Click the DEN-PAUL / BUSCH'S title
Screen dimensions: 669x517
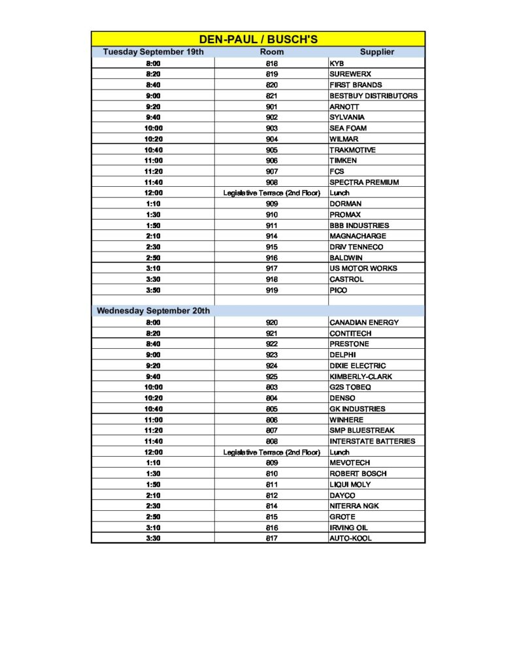pos(258,39)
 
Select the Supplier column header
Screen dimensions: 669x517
pos(376,52)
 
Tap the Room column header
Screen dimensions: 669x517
pos(272,52)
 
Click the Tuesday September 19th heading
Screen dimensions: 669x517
pos(154,52)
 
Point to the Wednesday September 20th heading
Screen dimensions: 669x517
pos(154,311)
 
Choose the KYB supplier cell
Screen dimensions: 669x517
pos(337,63)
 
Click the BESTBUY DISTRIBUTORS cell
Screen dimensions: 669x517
pos(373,95)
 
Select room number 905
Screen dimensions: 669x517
pos(272,150)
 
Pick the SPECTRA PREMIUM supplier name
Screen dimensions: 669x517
pos(364,182)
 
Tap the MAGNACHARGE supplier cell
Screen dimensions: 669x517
pos(358,236)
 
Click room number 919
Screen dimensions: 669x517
pos(272,290)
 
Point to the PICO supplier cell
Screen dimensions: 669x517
pos(339,290)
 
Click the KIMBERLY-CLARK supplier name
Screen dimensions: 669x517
pos(361,376)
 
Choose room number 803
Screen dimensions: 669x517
pos(272,387)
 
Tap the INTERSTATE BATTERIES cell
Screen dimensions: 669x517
pos(372,441)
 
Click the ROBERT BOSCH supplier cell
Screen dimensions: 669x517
pos(358,474)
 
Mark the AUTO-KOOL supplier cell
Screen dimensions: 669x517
pos(351,538)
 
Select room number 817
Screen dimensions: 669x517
pos(272,538)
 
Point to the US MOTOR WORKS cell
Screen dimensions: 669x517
pos(363,269)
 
